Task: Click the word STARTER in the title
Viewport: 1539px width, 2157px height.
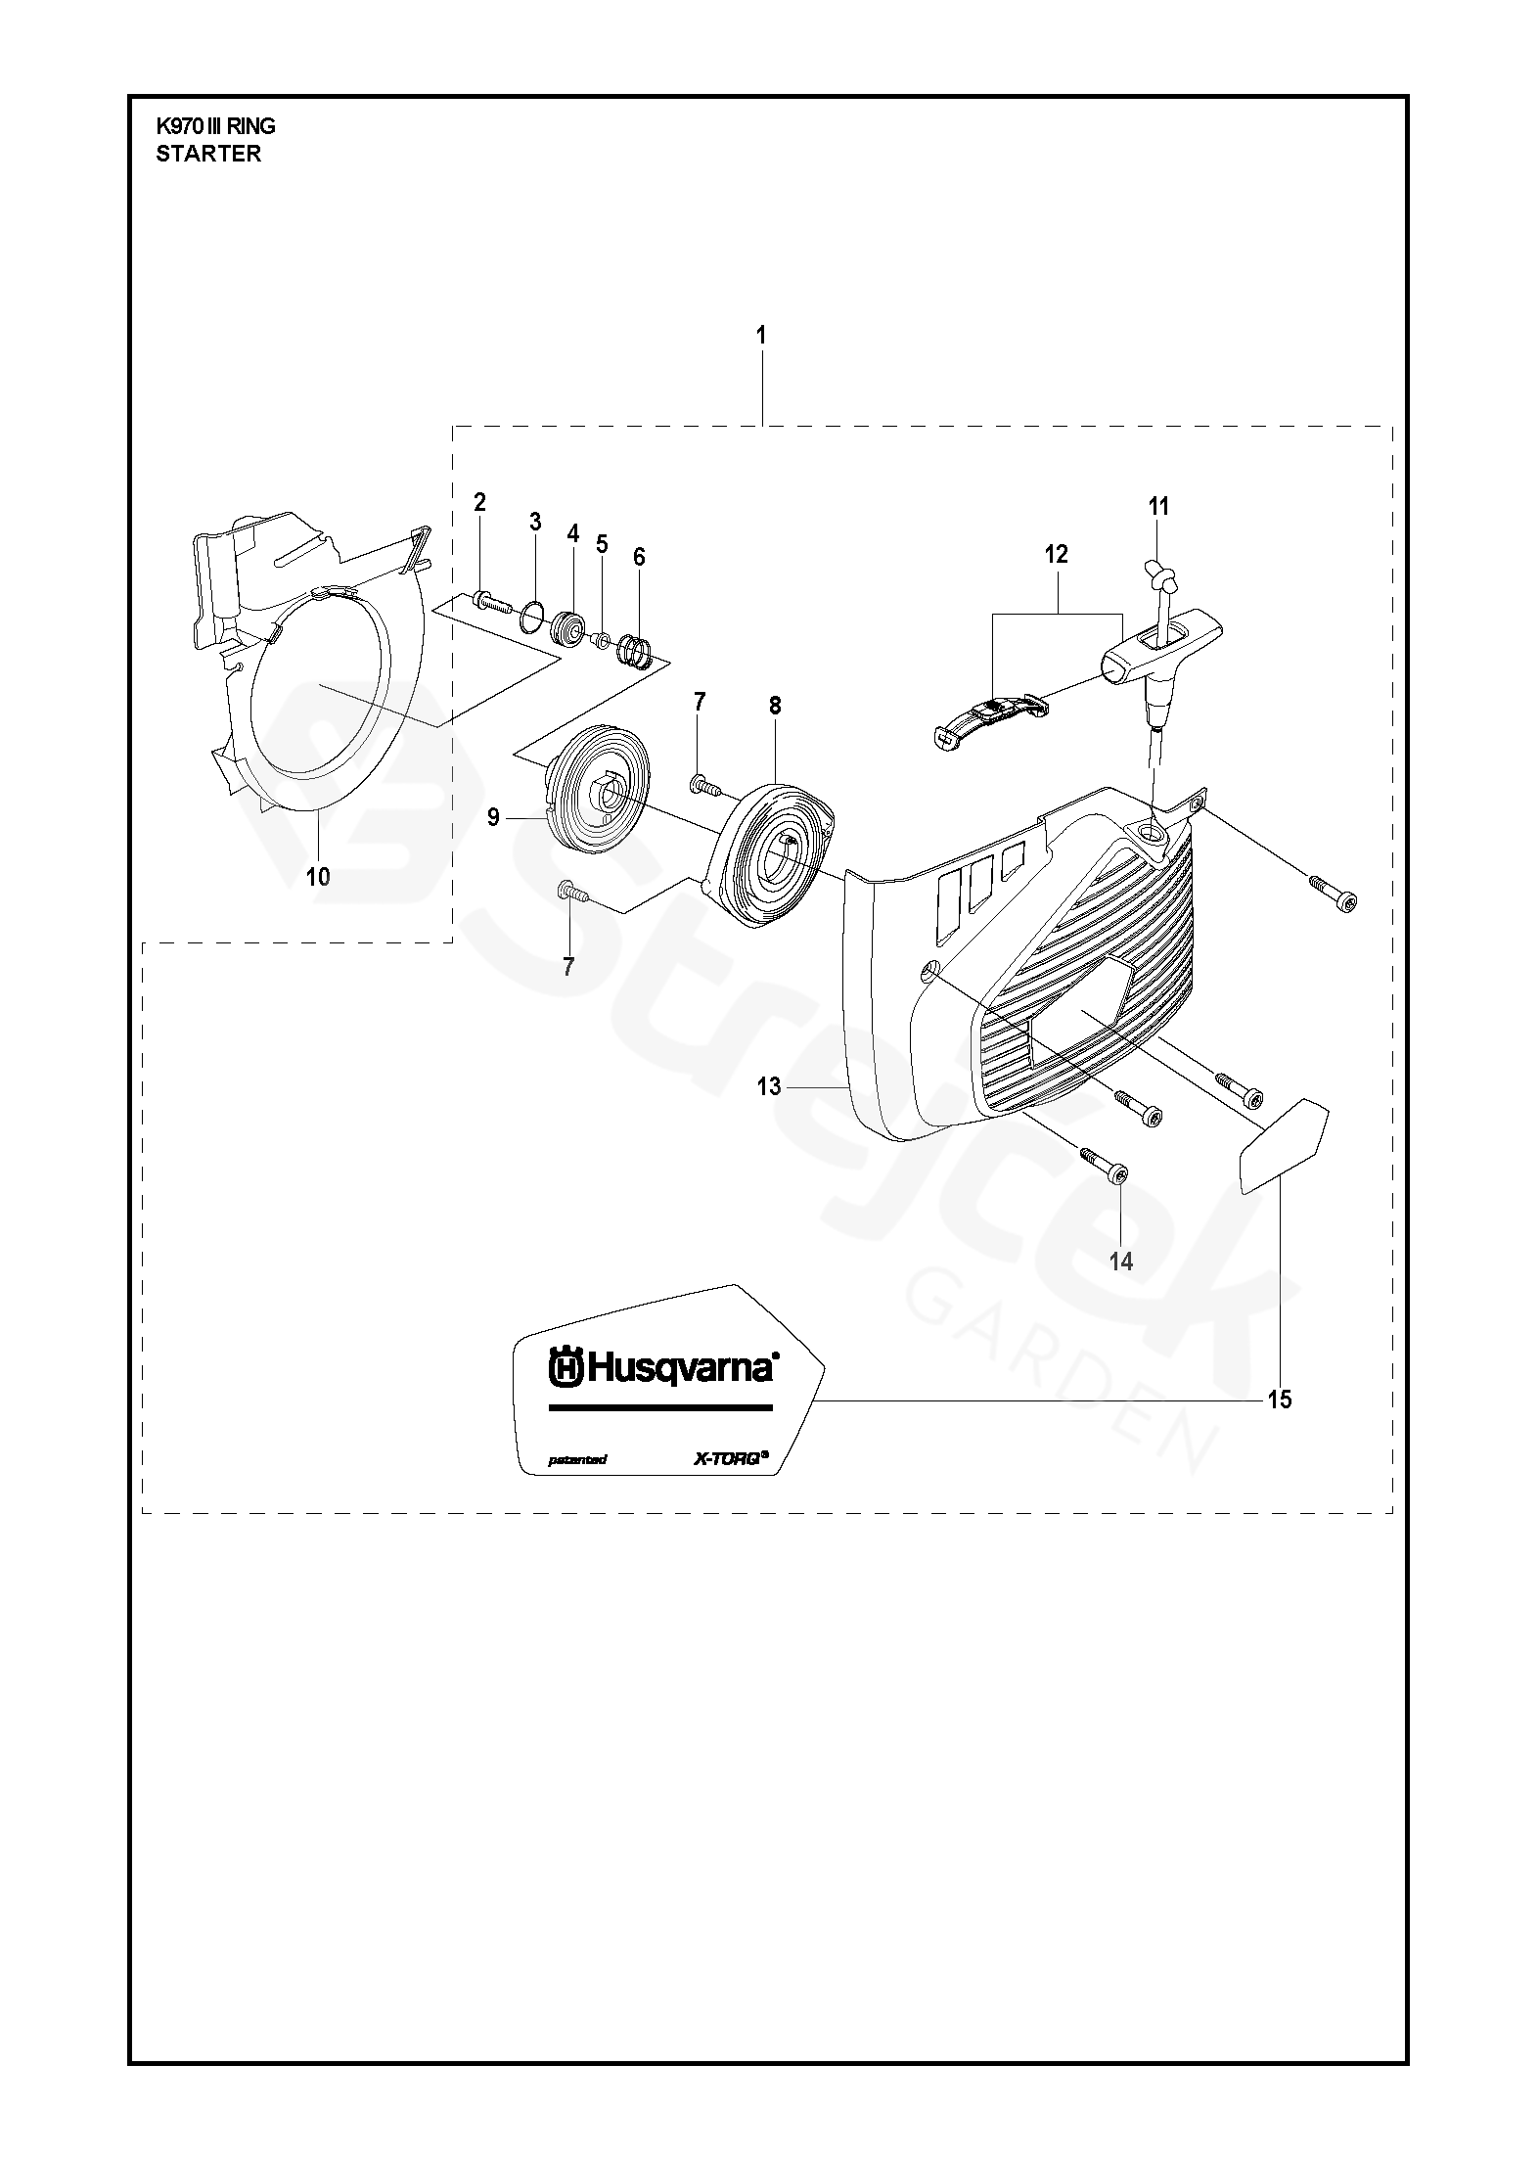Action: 208,154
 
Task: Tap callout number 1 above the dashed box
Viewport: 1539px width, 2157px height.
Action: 761,335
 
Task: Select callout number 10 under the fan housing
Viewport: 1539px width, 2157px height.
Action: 318,876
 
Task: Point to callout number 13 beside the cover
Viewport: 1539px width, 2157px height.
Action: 769,1085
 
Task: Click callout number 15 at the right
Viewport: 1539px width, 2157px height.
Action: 1279,1400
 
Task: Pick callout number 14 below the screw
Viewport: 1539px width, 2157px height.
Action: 1121,1262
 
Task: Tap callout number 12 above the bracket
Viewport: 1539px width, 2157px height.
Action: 1056,554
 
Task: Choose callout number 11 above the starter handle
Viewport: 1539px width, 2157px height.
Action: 1158,506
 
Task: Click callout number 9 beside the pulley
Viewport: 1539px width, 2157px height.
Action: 494,816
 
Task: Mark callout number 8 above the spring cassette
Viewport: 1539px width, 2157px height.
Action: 775,706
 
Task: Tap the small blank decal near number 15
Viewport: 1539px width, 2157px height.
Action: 1282,1144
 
